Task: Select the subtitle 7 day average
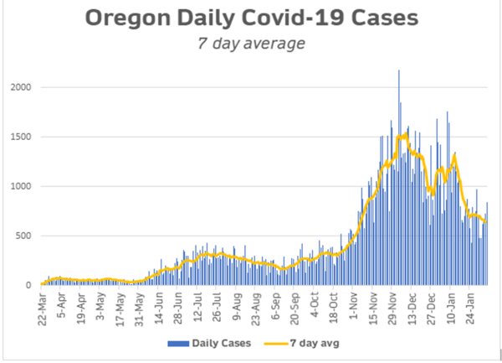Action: [251, 44]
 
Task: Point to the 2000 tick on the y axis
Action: [23, 87]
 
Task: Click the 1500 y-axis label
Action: [23, 137]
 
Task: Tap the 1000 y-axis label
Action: [23, 186]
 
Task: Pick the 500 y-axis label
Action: [25, 236]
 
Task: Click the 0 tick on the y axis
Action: [30, 285]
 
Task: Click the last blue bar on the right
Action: [488, 243]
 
